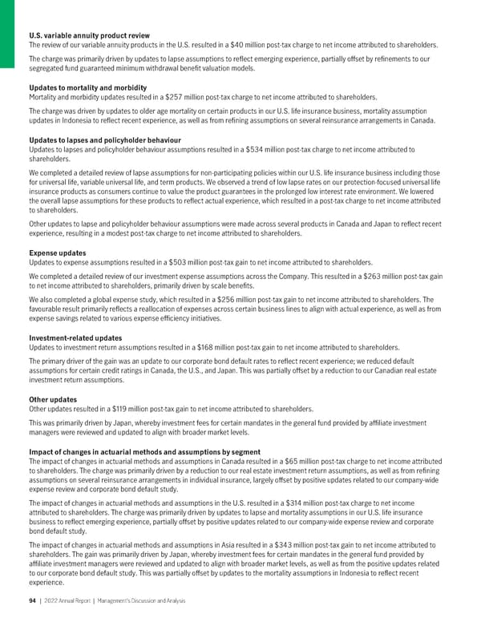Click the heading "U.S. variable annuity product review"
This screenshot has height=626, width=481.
point(89,34)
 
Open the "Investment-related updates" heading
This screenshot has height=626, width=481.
point(76,337)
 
